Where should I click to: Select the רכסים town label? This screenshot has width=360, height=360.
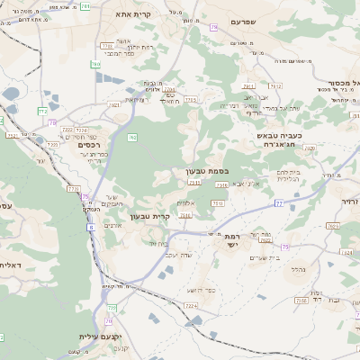[92, 145]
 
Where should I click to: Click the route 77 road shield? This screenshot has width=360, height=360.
[278, 204]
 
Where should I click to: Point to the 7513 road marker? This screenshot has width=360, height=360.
[194, 182]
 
